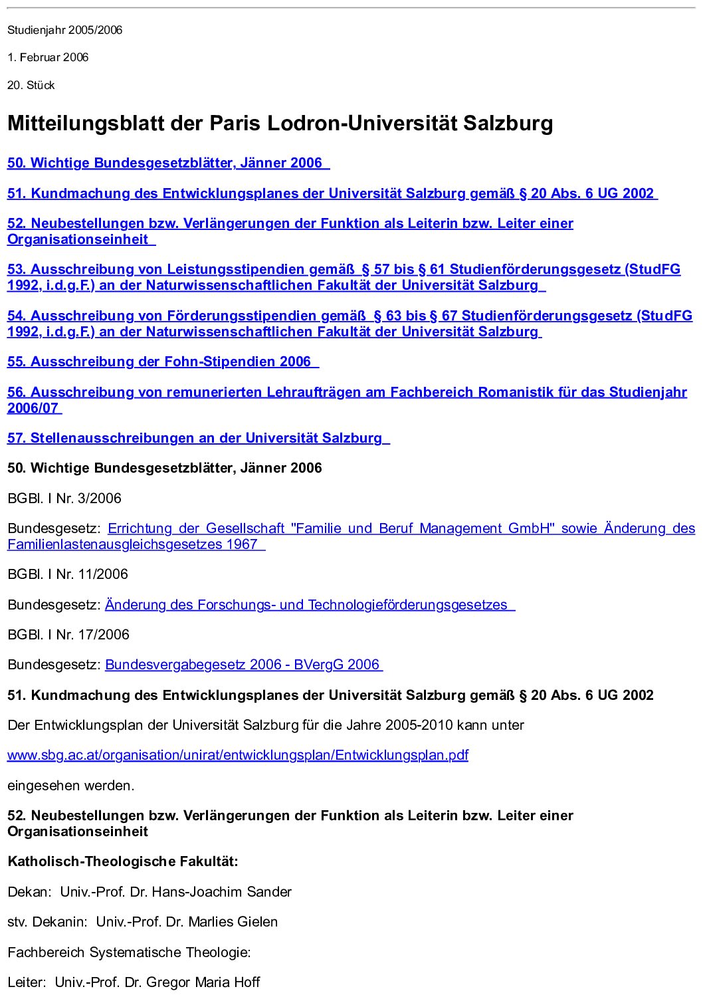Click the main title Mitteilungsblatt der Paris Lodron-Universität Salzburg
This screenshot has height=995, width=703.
tap(280, 124)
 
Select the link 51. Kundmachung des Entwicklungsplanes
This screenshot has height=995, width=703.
tap(330, 194)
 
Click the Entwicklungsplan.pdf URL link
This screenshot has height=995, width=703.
tap(237, 756)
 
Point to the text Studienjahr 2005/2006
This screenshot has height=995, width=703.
tap(65, 31)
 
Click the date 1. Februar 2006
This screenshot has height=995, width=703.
tap(48, 58)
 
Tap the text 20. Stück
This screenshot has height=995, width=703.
tap(31, 86)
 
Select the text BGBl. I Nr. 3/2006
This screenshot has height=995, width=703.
tap(64, 498)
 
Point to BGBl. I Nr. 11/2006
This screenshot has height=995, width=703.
tap(68, 574)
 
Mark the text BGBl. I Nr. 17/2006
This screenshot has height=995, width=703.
tap(68, 635)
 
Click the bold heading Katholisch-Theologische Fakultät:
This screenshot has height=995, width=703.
tap(123, 862)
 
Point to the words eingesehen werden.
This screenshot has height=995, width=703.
tap(71, 786)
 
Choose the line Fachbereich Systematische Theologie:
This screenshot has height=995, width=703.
tap(129, 952)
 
